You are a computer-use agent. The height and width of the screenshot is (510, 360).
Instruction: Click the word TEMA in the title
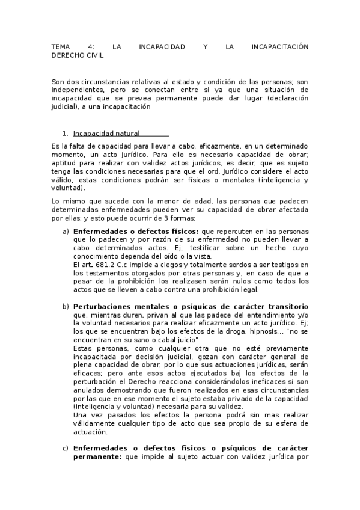pos(61,46)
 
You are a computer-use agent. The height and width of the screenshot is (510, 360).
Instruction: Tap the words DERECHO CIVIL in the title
pos(78,55)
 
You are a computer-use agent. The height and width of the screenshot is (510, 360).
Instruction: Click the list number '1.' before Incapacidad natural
pos(66,133)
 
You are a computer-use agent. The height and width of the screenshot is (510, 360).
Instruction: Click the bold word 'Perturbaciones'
pos(102,306)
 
